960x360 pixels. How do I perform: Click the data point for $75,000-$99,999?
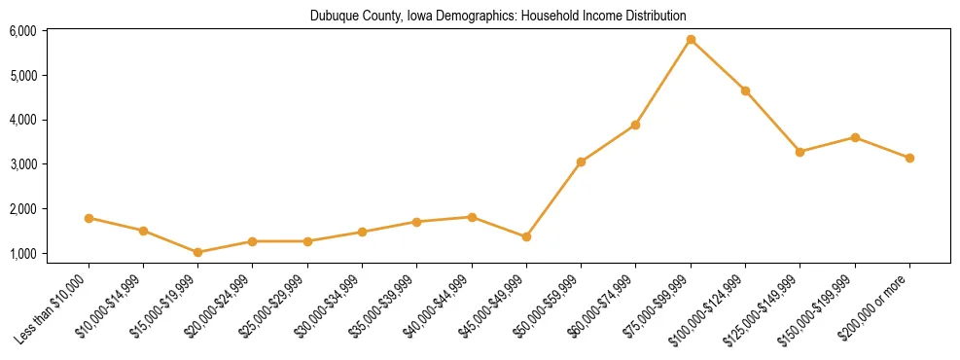point(691,40)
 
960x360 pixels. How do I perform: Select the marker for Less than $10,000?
point(89,218)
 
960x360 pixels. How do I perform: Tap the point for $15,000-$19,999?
point(198,252)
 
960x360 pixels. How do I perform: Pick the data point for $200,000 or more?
point(909,158)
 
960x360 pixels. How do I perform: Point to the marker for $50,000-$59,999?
point(581,162)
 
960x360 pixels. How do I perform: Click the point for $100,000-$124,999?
point(745,90)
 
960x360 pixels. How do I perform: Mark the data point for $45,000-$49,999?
point(526,236)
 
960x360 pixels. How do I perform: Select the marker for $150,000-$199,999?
point(855,137)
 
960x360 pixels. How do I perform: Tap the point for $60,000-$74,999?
point(635,125)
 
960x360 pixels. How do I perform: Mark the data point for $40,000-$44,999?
point(472,217)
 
